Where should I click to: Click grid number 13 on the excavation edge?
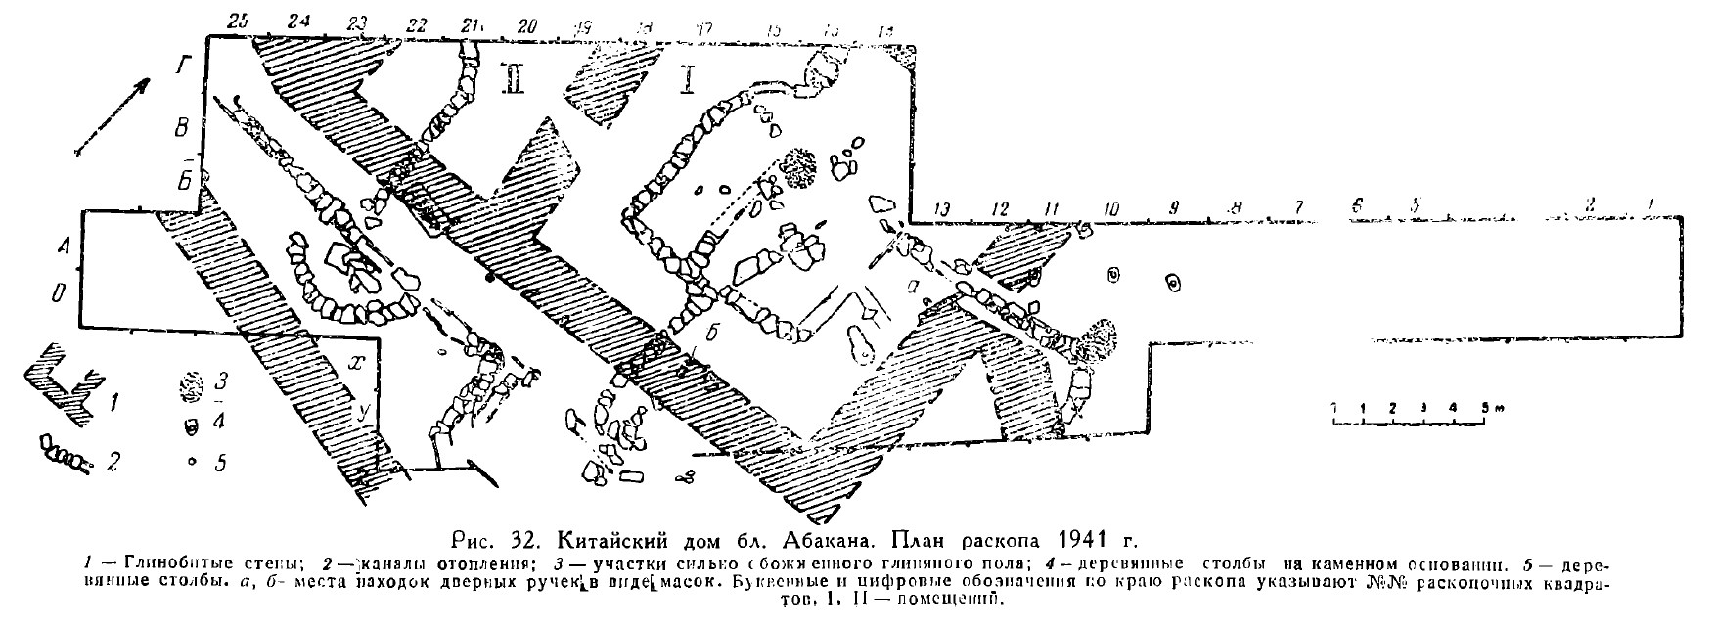[x=943, y=208]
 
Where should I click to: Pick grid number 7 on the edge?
[x=1298, y=208]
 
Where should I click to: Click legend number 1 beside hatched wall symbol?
[x=116, y=399]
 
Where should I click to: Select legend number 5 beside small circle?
[x=221, y=463]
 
